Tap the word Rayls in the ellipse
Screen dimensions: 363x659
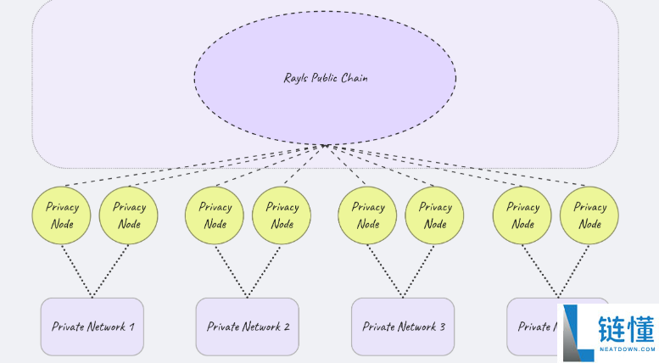297,78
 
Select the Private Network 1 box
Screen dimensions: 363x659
92,327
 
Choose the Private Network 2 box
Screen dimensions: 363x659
248,327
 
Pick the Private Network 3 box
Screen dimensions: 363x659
403,327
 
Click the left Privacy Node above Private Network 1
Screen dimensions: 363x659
61,215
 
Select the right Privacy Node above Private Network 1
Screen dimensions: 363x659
129,215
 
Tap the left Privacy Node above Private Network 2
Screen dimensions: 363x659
215,215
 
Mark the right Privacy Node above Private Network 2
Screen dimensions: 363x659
282,215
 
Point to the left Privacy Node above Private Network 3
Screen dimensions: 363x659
368,215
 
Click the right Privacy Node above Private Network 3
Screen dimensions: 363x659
435,215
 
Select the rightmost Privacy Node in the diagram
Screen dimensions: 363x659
590,215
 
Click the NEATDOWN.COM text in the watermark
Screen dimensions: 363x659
626,349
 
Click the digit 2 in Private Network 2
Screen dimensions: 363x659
287,327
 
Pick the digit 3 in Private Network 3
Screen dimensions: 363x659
442,327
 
